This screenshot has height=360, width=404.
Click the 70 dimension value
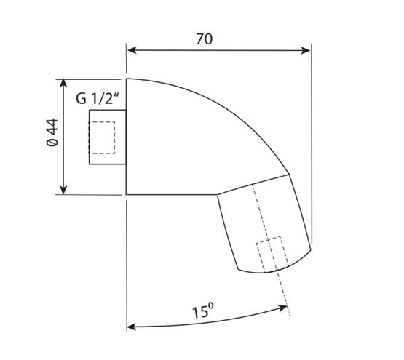[x=205, y=39]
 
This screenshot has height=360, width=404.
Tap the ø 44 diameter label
[x=52, y=132]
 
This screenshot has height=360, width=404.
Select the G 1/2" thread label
[x=98, y=98]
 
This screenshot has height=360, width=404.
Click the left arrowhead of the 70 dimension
[x=132, y=50]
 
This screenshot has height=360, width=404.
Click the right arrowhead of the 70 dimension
[x=306, y=50]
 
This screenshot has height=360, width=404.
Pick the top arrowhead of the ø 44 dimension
[x=63, y=84]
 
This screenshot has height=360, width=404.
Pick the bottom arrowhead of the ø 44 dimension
[x=63, y=191]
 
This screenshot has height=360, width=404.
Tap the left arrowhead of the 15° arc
[x=131, y=327]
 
